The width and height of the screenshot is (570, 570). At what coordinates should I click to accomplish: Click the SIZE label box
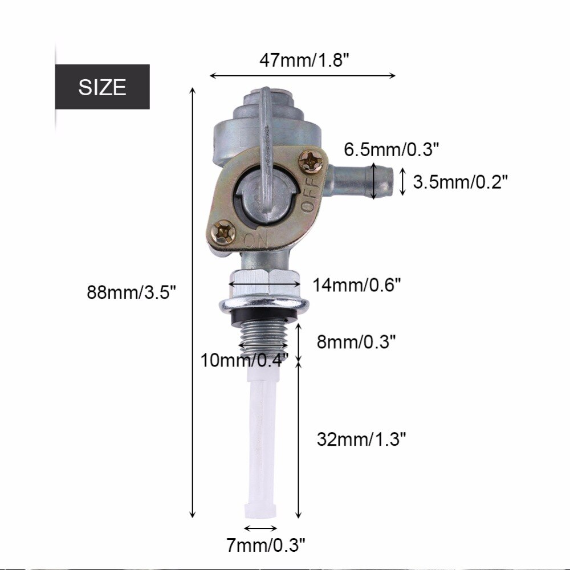103,87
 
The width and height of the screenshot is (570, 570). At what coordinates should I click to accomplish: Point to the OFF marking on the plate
308,197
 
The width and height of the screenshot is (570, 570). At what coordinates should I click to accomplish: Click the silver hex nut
264,283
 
